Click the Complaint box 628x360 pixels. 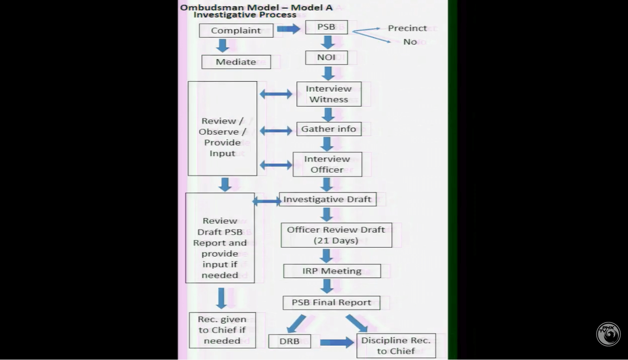pos(236,30)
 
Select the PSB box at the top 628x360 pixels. pos(326,27)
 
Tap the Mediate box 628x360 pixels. pos(236,62)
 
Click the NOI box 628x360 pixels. pos(326,58)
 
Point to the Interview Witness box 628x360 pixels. pos(329,94)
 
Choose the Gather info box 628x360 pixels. pos(329,129)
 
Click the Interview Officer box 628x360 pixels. pos(327,164)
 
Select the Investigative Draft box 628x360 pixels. pos(328,199)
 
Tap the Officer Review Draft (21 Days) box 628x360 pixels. pos(336,235)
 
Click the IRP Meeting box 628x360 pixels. pos(332,271)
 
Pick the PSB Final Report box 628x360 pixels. pos(331,302)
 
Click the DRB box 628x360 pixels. pos(289,341)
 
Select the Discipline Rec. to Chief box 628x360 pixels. pos(396,345)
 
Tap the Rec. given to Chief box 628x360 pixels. pos(222,330)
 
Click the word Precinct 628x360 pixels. pos(407,28)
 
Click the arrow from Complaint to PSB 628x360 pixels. pos(288,29)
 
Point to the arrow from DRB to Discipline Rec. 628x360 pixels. pos(337,343)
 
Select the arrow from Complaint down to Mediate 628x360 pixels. pos(222,45)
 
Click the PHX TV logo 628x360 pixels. pos(609,334)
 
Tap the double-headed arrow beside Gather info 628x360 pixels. pos(276,131)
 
